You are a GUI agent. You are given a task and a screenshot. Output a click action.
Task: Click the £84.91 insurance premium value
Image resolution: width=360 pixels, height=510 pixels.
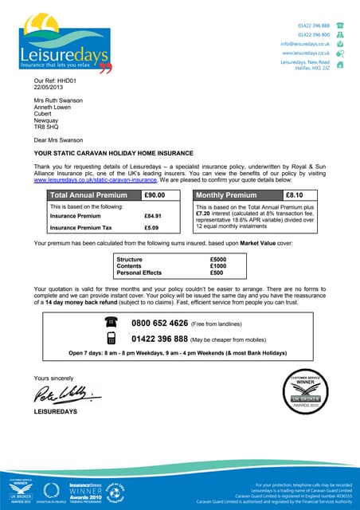pos(153,216)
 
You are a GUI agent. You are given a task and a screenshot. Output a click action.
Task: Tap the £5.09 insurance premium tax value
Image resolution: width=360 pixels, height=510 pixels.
pos(151,228)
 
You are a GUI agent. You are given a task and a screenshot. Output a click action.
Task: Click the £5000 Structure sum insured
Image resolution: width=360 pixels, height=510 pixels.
pos(218,260)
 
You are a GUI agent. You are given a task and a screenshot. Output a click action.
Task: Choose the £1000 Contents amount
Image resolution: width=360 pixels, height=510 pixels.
pos(218,266)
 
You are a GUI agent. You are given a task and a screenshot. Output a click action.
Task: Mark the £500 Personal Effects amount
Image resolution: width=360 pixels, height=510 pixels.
pos(217,273)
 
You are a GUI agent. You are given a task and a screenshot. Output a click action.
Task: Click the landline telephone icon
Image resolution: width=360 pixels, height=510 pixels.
pos(111,323)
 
